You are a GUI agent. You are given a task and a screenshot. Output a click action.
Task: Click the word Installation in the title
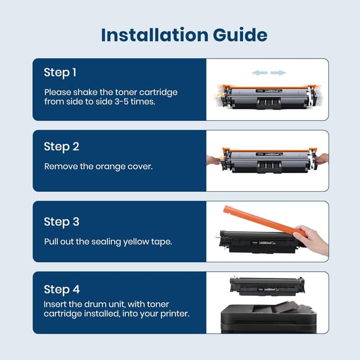pyautogui.click(x=155, y=35)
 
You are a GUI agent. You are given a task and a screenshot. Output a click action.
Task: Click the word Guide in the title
pyautogui.click(x=240, y=35)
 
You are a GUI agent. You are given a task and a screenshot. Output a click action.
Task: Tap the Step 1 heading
pyautogui.click(x=60, y=73)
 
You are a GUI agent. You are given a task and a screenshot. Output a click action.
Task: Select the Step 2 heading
pyautogui.click(x=61, y=147)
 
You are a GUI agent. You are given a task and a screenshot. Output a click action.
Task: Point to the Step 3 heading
pyautogui.click(x=61, y=222)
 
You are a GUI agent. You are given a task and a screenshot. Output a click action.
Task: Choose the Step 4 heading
pyautogui.click(x=62, y=289)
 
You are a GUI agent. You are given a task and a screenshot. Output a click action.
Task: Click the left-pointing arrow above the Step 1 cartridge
pyautogui.click(x=260, y=73)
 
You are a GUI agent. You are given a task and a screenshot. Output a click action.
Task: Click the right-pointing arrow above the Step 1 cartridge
pyautogui.click(x=278, y=73)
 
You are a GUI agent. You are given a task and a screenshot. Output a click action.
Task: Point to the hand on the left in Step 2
pyautogui.click(x=214, y=160)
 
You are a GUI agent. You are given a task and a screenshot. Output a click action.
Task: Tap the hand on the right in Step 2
pyautogui.click(x=322, y=159)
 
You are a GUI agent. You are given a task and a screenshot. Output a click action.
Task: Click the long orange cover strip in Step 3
pyautogui.click(x=264, y=221)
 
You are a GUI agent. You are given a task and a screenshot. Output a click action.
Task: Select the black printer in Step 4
pyautogui.click(x=268, y=318)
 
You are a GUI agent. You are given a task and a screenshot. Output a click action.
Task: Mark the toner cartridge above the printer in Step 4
pyautogui.click(x=267, y=286)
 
